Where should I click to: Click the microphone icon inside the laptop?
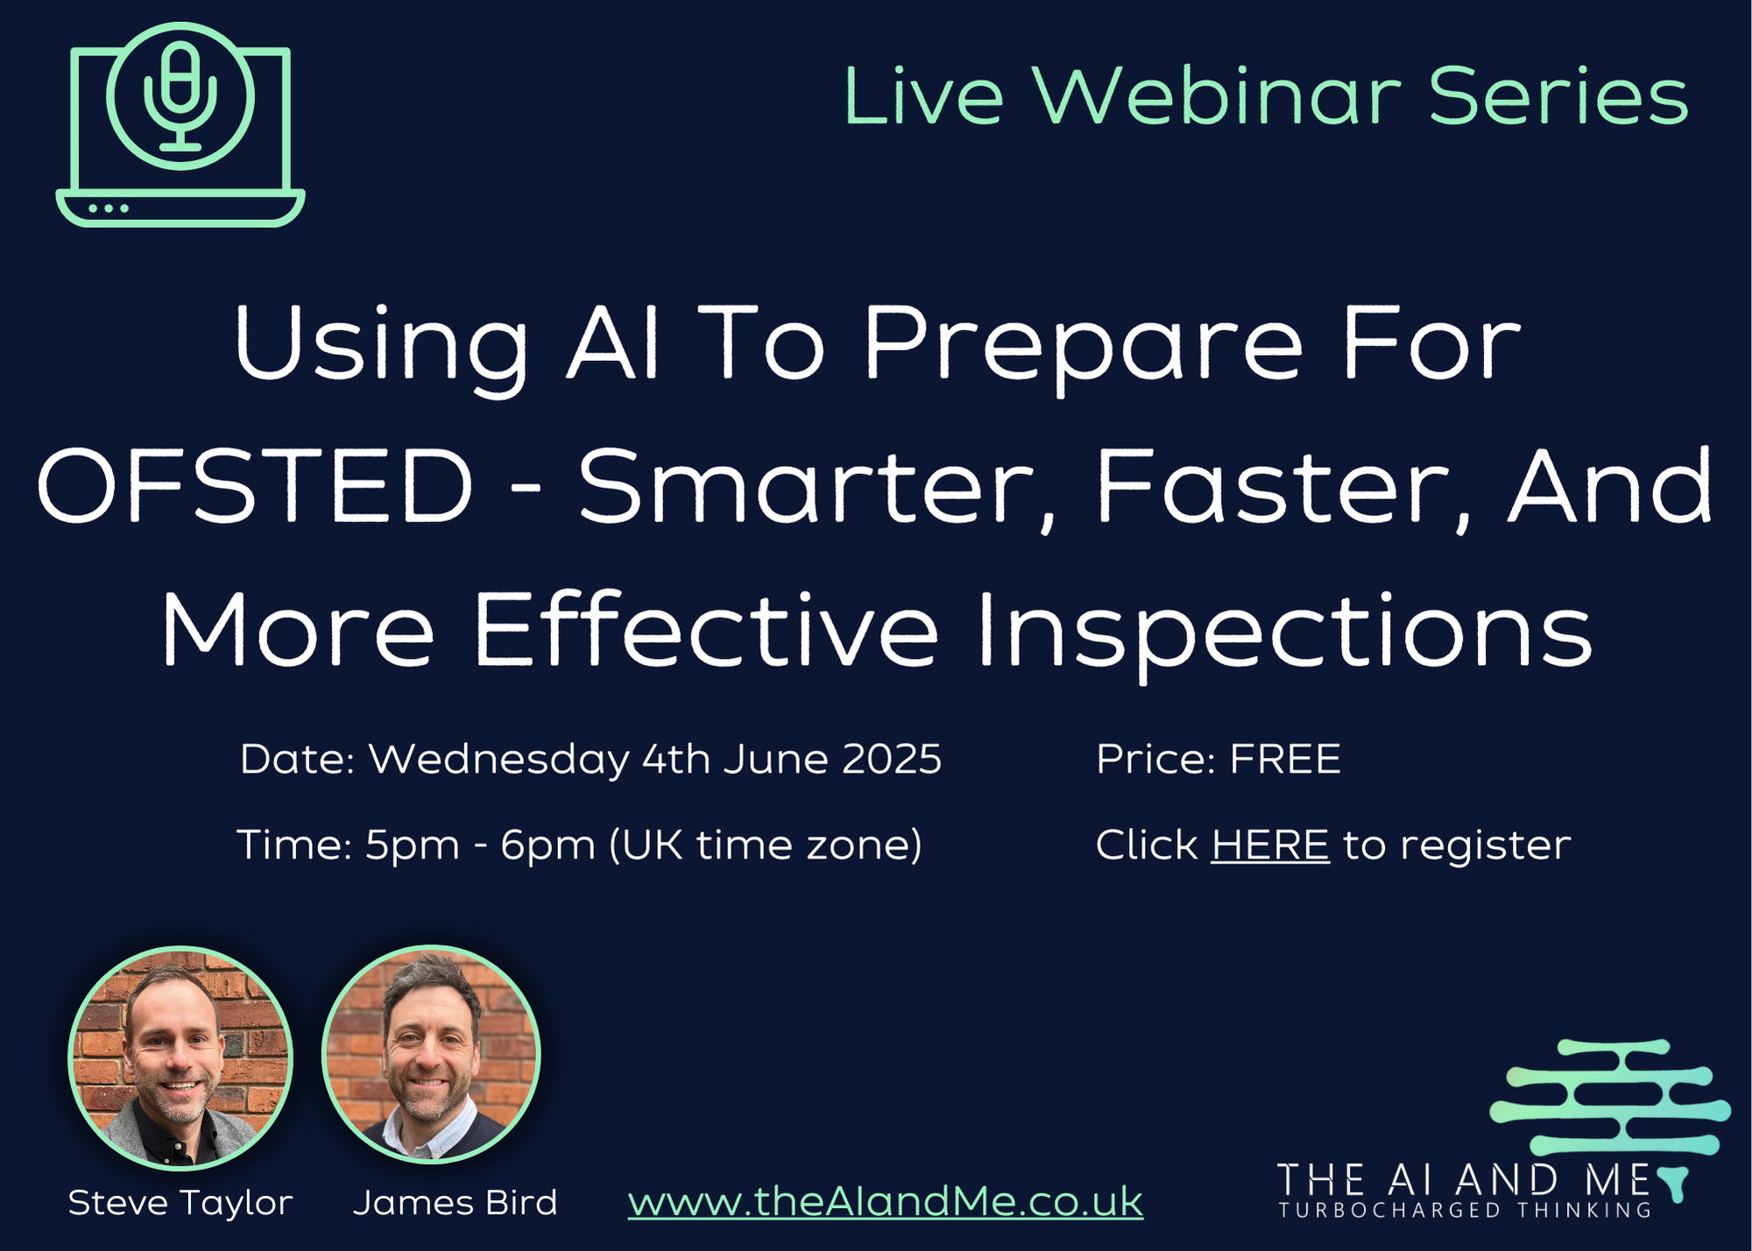(180, 96)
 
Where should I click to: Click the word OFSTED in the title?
(255, 486)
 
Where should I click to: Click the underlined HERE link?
(1270, 845)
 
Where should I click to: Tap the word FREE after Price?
(1285, 759)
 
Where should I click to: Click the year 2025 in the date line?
(892, 759)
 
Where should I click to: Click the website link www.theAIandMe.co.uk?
(886, 1202)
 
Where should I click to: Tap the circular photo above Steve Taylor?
(180, 1057)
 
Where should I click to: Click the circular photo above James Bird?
(431, 1055)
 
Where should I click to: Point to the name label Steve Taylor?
(180, 1204)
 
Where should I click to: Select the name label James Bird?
(455, 1203)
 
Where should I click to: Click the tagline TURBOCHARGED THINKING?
(1465, 1210)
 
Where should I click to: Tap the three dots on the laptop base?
(109, 208)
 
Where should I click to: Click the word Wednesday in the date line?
(498, 760)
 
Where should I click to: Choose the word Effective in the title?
(706, 630)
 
